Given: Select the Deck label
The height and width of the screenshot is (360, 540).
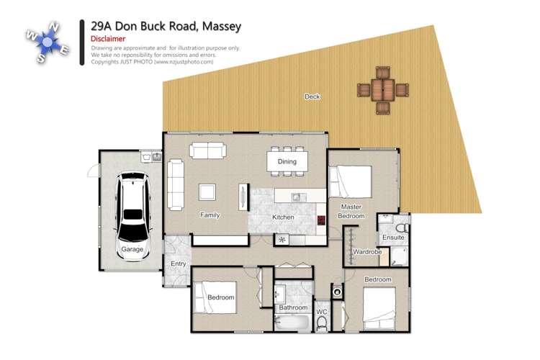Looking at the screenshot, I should (312, 96).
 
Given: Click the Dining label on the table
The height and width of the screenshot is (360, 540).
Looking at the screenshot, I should (287, 162).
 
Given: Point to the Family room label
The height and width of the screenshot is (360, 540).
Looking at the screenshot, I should (210, 215).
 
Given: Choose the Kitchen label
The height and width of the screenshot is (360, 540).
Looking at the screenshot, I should (282, 217).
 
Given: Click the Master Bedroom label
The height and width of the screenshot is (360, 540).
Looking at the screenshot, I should (352, 212).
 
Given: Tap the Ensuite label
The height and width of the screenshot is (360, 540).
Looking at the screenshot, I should (393, 237).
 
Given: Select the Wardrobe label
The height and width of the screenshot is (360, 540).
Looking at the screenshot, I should (367, 252).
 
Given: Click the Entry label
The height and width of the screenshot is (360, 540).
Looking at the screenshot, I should (178, 264).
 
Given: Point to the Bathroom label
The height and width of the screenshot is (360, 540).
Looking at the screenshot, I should (294, 307).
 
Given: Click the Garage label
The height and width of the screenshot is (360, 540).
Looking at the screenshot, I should (132, 250).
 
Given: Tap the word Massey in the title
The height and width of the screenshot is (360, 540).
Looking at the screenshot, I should (218, 26).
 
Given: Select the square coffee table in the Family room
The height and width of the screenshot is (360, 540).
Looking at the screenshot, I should (208, 192).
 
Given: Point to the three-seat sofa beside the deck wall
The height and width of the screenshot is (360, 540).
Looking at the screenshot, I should (208, 150).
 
